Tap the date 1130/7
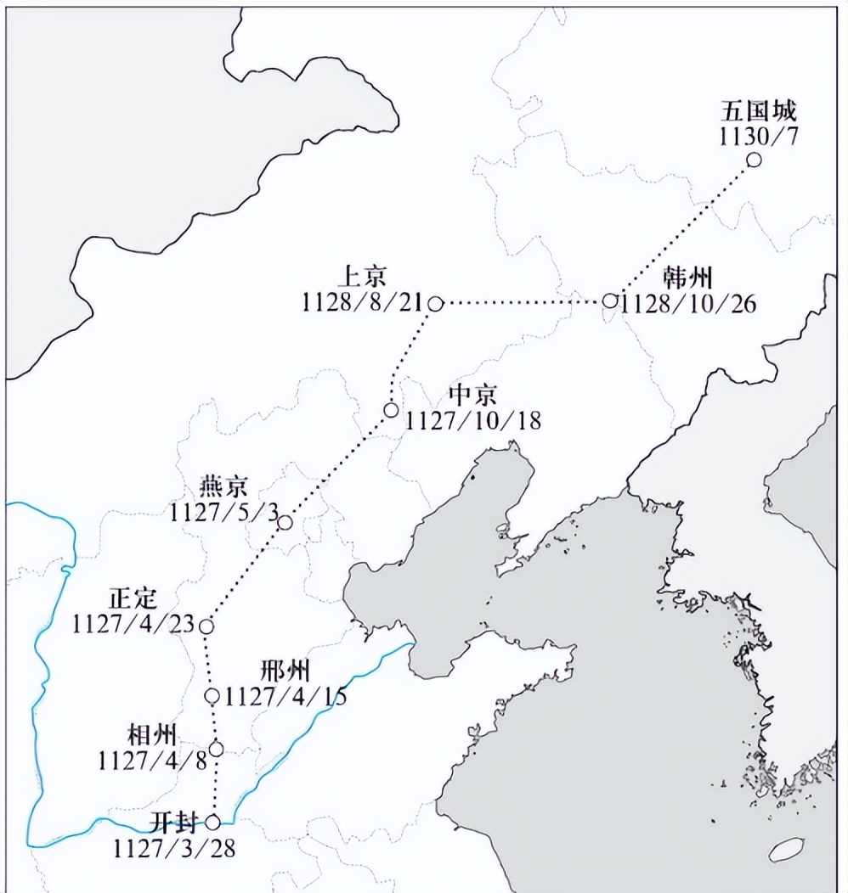point(759,135)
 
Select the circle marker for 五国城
point(753,160)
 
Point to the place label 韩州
point(688,278)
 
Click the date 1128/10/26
point(688,303)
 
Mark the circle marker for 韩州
point(610,300)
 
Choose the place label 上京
point(362,278)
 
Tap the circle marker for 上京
point(435,303)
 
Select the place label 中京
point(472,395)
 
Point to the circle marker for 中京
point(391,410)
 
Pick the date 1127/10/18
point(472,419)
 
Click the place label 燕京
point(223,487)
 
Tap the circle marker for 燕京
point(285,522)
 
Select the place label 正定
point(133,598)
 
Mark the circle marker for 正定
point(206,626)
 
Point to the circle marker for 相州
point(216,749)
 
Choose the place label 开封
point(174,822)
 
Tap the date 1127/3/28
point(174,846)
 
